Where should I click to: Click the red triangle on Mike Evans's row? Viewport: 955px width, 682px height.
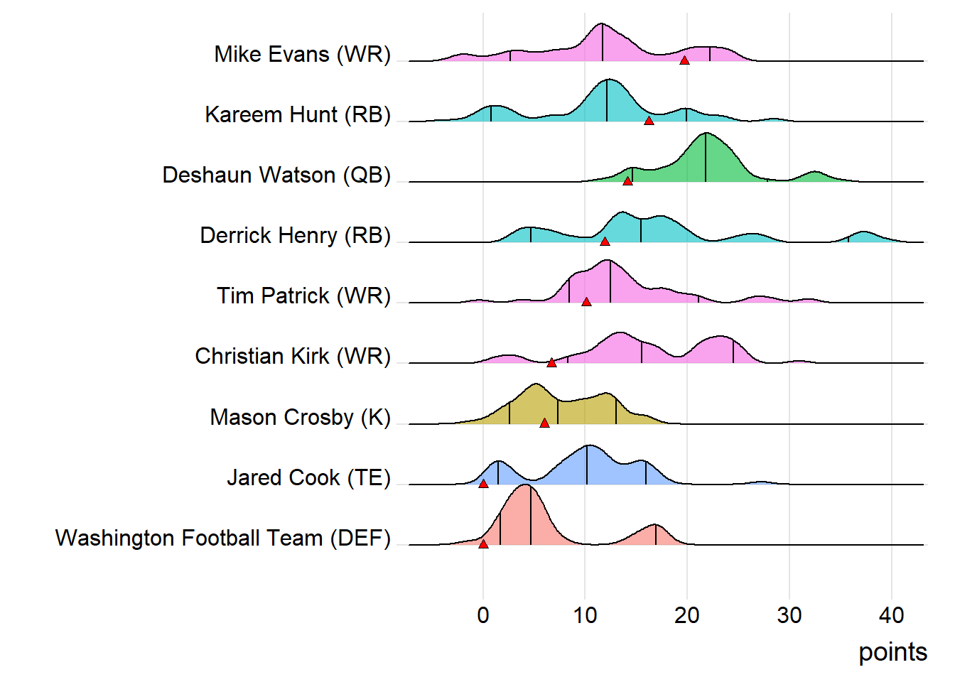[684, 60]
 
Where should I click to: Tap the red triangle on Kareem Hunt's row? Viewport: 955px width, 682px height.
[649, 121]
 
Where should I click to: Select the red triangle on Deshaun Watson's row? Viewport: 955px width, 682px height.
[627, 181]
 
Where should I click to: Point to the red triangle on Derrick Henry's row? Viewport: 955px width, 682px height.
[605, 242]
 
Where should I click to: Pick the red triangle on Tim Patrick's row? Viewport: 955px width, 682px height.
[586, 302]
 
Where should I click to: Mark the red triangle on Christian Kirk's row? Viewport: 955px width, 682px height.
[551, 362]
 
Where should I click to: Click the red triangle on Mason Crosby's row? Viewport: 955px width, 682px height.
[544, 423]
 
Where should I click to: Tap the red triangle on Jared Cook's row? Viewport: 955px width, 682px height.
[483, 483]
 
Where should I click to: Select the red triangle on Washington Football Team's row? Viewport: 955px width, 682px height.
[483, 543]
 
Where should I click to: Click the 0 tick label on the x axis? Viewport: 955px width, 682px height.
[483, 615]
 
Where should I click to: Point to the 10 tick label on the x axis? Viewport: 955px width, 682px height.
[585, 615]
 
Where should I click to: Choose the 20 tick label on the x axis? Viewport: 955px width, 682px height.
[687, 615]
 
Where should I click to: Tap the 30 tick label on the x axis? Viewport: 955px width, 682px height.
[789, 615]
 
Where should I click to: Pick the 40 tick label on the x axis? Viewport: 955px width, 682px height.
[891, 615]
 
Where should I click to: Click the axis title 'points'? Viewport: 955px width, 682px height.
[892, 651]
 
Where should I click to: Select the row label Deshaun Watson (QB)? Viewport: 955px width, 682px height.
[276, 175]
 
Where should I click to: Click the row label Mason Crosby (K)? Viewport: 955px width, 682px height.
[300, 417]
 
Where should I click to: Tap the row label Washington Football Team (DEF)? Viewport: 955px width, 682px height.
[223, 538]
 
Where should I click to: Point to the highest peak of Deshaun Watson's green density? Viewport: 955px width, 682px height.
[706, 134]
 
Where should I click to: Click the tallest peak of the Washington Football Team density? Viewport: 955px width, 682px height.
[526, 485]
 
